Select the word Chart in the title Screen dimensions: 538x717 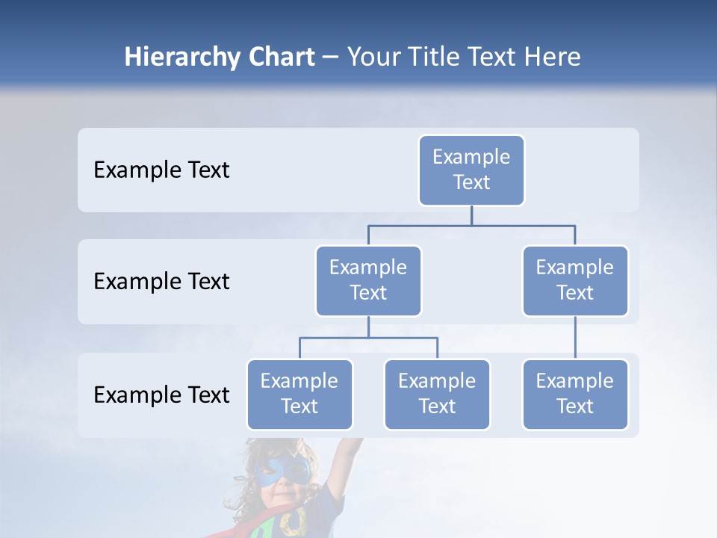(x=281, y=58)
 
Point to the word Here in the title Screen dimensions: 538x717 (x=551, y=58)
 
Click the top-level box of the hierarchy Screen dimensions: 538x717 (x=471, y=170)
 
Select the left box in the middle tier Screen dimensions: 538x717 (x=368, y=280)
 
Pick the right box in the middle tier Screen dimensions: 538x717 (x=575, y=280)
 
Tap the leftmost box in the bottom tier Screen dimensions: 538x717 (x=299, y=394)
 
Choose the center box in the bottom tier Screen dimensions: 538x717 (x=437, y=394)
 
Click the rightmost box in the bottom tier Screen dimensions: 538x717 (x=575, y=394)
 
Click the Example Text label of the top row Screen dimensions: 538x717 (x=161, y=170)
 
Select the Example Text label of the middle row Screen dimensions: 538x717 (x=161, y=282)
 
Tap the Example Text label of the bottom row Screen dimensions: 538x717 (x=161, y=395)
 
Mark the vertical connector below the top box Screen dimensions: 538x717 (x=471, y=215)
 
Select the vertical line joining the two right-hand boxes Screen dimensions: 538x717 (x=575, y=338)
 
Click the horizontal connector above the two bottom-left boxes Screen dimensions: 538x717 (x=368, y=338)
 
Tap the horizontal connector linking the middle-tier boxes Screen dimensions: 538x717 (x=471, y=225)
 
